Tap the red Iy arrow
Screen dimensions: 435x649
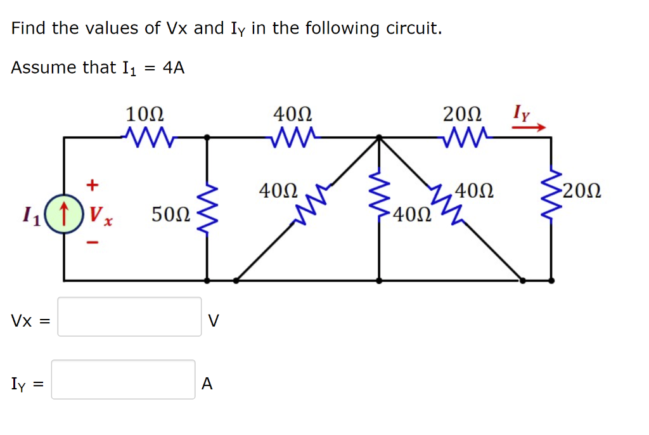click(x=529, y=127)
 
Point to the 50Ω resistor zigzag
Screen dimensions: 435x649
click(x=208, y=208)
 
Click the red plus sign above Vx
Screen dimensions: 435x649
click(x=93, y=185)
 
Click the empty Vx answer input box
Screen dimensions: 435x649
click(x=130, y=316)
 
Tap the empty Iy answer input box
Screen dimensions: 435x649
click(x=124, y=379)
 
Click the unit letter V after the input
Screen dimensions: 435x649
click(x=214, y=321)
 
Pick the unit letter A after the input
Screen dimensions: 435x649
click(x=207, y=384)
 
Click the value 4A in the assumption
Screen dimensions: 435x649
click(x=173, y=68)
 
